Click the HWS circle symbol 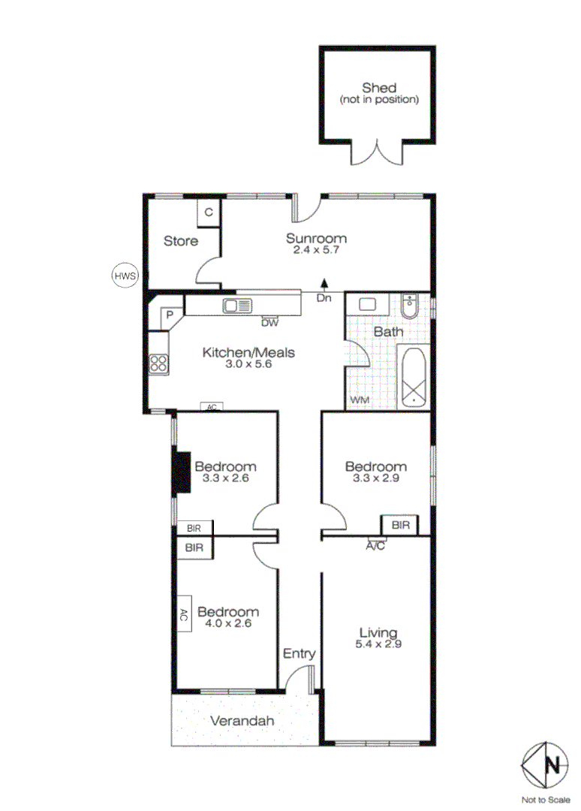click(x=125, y=276)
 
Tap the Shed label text click(x=378, y=88)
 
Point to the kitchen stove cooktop click(x=159, y=363)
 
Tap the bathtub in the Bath click(x=413, y=377)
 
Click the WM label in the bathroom click(x=360, y=400)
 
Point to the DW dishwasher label click(x=269, y=323)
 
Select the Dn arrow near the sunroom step click(x=324, y=284)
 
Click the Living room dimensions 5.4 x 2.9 click(x=378, y=644)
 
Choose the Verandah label click(x=242, y=721)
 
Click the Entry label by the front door click(x=299, y=654)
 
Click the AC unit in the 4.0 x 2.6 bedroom click(x=183, y=614)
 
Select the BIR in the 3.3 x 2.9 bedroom click(x=400, y=525)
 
